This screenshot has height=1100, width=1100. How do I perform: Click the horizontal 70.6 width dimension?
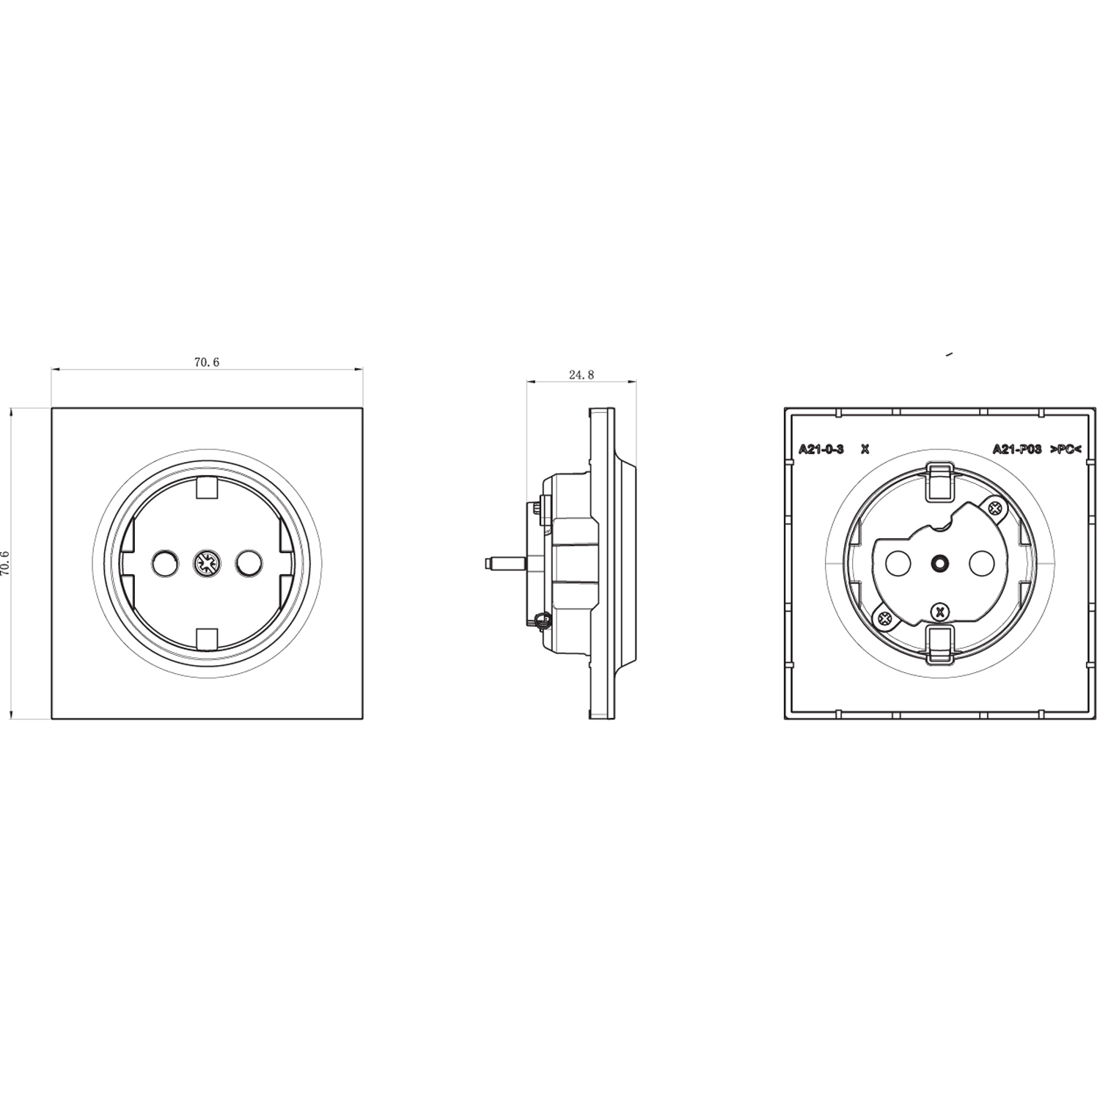point(207,362)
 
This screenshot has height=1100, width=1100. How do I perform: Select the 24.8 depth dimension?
point(581,375)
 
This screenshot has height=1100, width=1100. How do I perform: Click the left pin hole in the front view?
point(164,563)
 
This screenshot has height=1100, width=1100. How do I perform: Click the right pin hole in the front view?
point(249,563)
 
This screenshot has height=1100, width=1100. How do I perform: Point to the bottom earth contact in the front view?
point(207,639)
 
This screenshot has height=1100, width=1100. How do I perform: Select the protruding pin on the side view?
point(505,564)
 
